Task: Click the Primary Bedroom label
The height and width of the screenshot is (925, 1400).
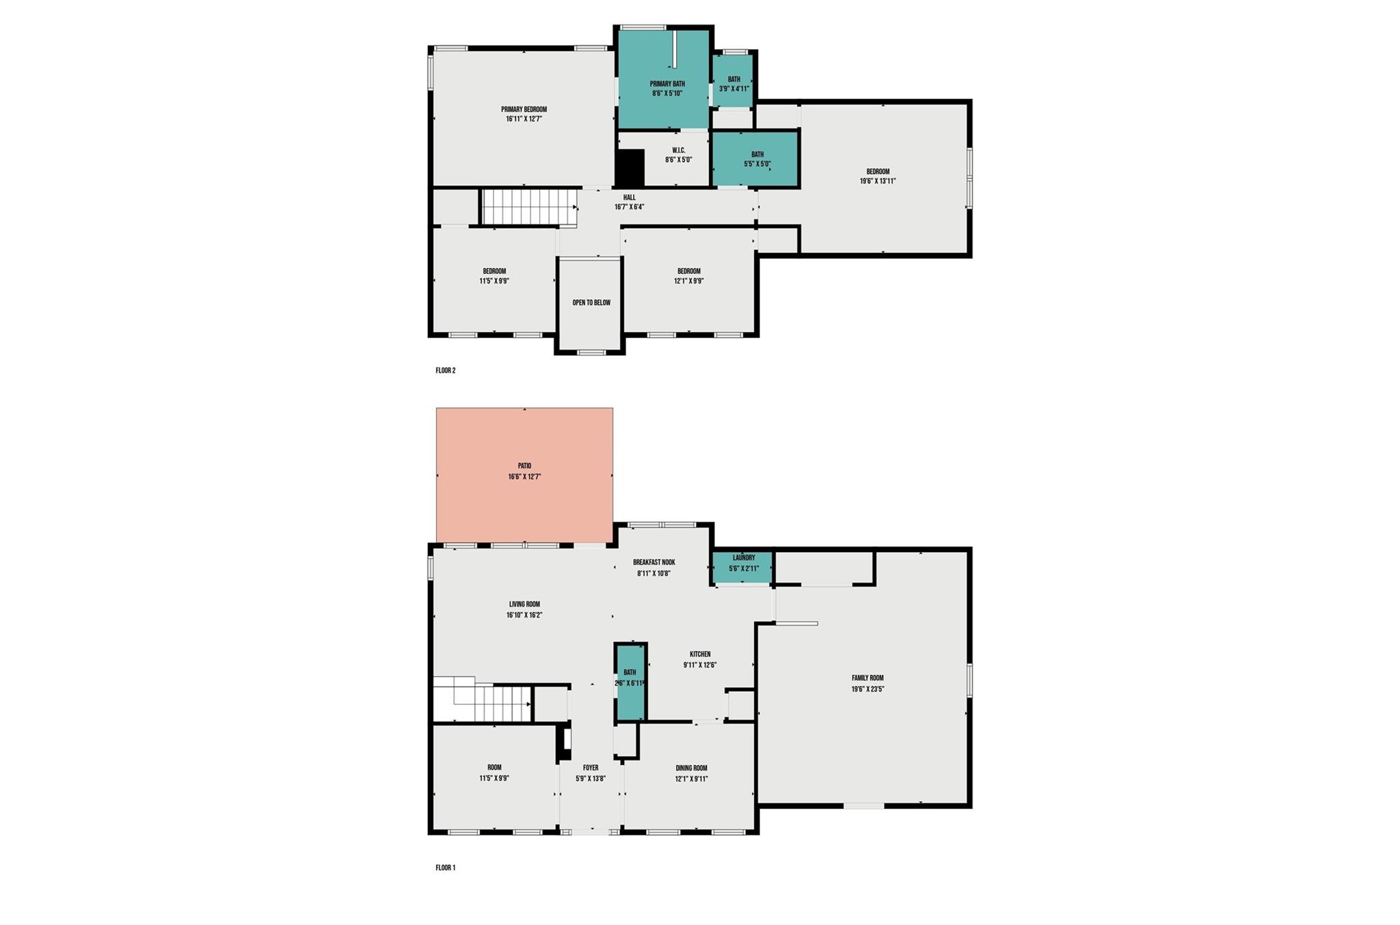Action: (x=524, y=109)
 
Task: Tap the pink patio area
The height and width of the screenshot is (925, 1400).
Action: (x=524, y=475)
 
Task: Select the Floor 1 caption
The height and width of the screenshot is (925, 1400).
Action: (x=446, y=868)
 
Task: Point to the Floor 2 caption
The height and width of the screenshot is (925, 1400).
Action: (x=446, y=370)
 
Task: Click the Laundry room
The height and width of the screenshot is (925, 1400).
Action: (x=743, y=568)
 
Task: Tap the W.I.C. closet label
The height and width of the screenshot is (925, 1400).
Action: (x=679, y=150)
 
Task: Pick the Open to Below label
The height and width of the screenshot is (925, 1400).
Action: (x=591, y=303)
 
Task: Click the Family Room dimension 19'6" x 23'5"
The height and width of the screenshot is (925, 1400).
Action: (x=867, y=689)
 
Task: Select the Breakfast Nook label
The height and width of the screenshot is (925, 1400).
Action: (x=654, y=562)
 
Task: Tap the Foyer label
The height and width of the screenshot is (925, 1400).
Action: (x=591, y=768)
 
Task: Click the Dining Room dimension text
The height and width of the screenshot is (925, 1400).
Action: (x=691, y=779)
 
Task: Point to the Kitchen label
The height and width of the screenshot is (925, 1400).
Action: (x=700, y=654)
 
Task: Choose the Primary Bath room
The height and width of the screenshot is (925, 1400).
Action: (x=663, y=79)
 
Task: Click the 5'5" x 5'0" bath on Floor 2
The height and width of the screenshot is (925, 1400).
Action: (x=755, y=159)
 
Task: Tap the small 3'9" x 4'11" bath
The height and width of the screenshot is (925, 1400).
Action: (x=733, y=81)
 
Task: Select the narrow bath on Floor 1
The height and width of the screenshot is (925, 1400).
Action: (x=630, y=682)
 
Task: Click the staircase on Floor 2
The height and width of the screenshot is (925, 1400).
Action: (x=529, y=207)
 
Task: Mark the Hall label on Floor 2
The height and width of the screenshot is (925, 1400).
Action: (x=629, y=197)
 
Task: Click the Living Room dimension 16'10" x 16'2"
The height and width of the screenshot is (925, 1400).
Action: (x=524, y=615)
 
